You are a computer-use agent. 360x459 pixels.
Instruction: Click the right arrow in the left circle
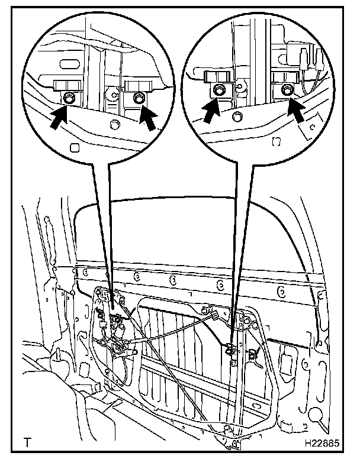coord(150,117)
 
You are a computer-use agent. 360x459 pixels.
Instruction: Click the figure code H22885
coord(322,442)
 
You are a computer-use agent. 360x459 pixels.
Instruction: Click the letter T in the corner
coord(27,442)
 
